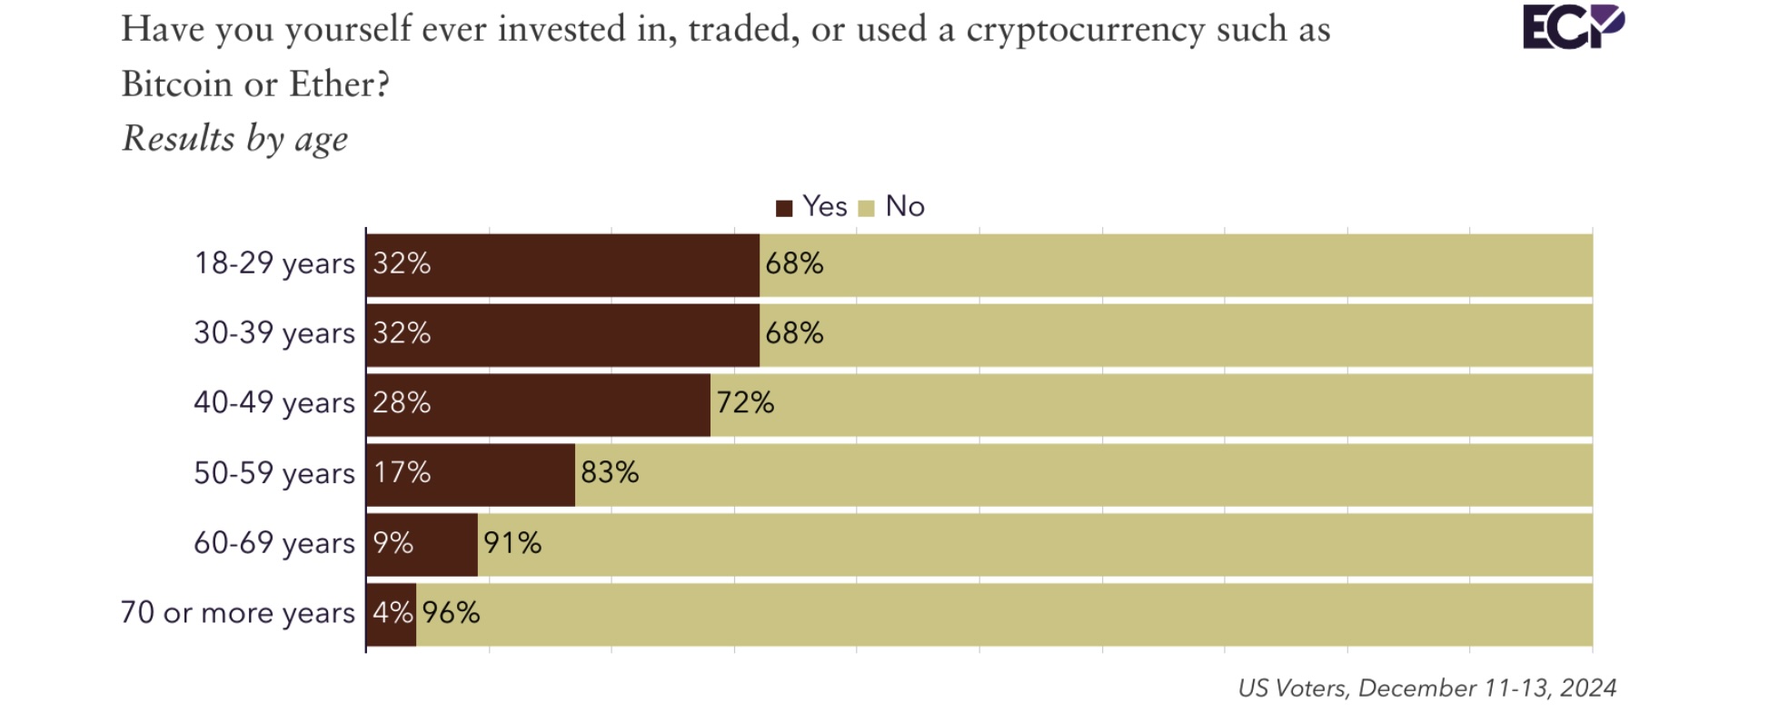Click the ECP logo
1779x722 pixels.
click(1573, 27)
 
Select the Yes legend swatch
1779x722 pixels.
click(784, 208)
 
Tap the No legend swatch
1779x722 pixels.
click(866, 208)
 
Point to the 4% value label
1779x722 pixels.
click(393, 613)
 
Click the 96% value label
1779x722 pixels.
click(451, 613)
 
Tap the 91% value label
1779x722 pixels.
click(512, 543)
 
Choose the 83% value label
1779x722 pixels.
click(610, 473)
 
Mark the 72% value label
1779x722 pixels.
click(745, 403)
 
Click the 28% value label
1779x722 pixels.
click(402, 403)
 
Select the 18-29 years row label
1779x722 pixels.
click(274, 264)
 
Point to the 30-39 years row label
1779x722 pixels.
click(274, 333)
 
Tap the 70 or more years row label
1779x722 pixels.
click(238, 613)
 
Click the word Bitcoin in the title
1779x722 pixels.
click(177, 84)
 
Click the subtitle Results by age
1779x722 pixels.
click(235, 139)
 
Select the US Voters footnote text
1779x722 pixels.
click(1426, 688)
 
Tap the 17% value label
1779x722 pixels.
click(402, 473)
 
